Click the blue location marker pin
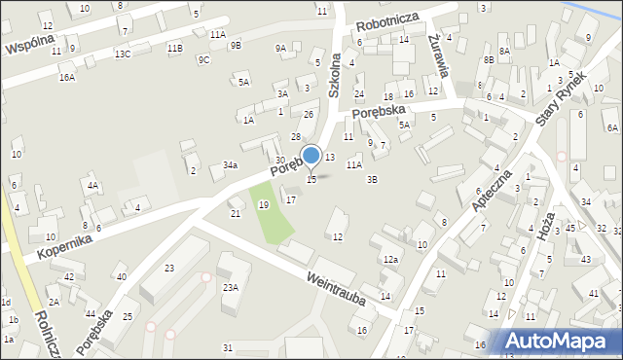pyautogui.click(x=311, y=156)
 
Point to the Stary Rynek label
pyautogui.click(x=562, y=99)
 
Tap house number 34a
pyautogui.click(x=230, y=165)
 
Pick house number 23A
pyautogui.click(x=231, y=287)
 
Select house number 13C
pyautogui.click(x=122, y=54)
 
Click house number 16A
pyautogui.click(x=66, y=77)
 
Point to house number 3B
pyautogui.click(x=372, y=179)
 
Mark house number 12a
pyautogui.click(x=390, y=259)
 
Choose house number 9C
pyautogui.click(x=203, y=59)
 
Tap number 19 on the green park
pyautogui.click(x=264, y=204)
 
